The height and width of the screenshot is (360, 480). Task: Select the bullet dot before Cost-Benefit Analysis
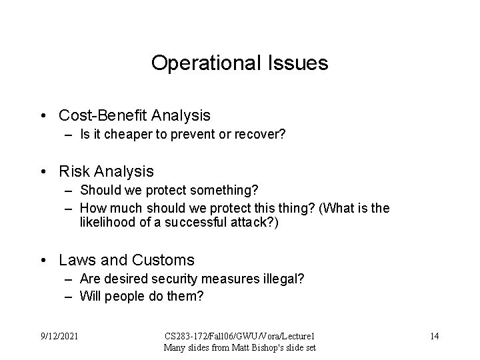(43, 116)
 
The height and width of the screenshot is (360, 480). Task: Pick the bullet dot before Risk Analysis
(43, 172)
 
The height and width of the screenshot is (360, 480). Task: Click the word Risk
(74, 171)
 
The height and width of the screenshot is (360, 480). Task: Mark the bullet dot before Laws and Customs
(43, 260)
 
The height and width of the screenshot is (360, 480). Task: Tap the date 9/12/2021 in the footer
(59, 335)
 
